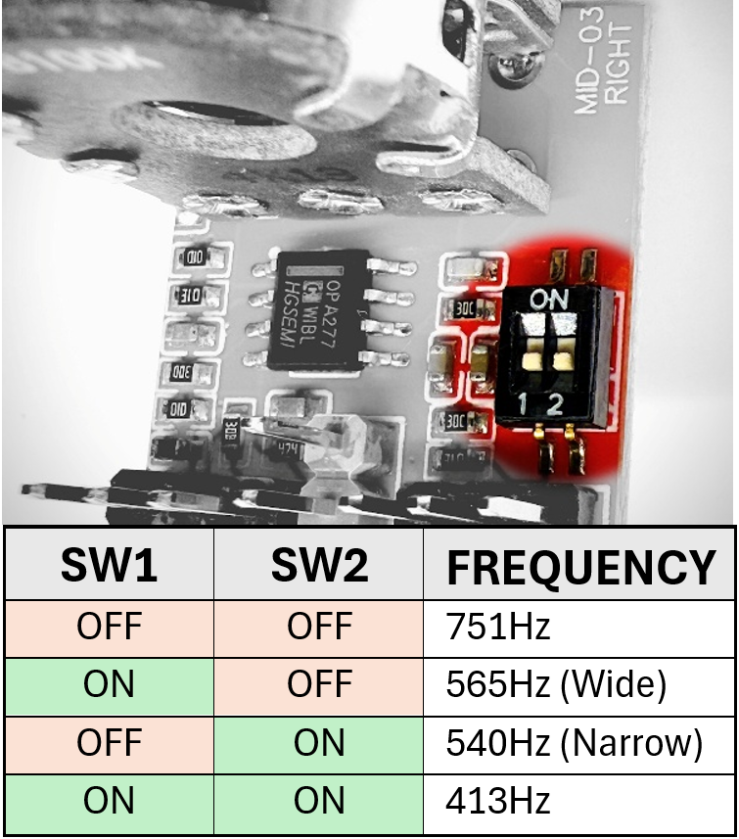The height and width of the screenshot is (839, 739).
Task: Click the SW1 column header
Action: tap(109, 565)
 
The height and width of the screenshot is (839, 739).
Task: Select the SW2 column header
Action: tap(319, 565)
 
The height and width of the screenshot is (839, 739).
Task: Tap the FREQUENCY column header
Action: tap(579, 567)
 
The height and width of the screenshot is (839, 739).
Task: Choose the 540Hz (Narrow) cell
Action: tap(574, 744)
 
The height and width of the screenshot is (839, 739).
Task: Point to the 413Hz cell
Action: tap(498, 802)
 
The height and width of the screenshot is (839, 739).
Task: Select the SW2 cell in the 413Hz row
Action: tap(319, 802)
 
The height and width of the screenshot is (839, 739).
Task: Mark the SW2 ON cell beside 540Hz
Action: tap(319, 744)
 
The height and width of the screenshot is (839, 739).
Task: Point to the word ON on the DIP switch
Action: tap(545, 297)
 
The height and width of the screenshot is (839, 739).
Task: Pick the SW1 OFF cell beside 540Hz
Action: tap(109, 744)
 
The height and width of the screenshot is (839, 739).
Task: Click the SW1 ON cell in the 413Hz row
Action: tap(109, 802)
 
